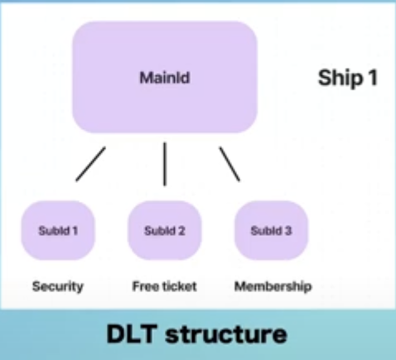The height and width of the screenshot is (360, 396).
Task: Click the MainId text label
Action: pyautogui.click(x=165, y=78)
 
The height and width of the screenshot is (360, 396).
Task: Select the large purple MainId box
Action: pyautogui.click(x=165, y=77)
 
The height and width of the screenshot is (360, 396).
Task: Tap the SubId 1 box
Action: pyautogui.click(x=58, y=231)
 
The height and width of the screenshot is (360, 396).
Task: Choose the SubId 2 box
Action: pyautogui.click(x=165, y=231)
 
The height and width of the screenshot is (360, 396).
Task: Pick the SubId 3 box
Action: pyautogui.click(x=271, y=231)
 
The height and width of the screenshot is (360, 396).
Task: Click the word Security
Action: pyautogui.click(x=58, y=286)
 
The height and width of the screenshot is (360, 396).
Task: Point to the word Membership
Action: pyautogui.click(x=273, y=286)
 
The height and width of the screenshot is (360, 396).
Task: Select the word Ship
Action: pyautogui.click(x=340, y=79)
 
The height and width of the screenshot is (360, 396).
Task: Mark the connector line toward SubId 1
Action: pyautogui.click(x=90, y=164)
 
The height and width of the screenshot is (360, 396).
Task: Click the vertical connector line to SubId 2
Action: pyautogui.click(x=165, y=164)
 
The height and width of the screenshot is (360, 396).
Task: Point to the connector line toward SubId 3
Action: pyautogui.click(x=229, y=164)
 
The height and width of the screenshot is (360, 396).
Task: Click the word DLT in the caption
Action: pyautogui.click(x=132, y=334)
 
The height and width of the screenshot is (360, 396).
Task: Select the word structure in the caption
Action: pyautogui.click(x=226, y=334)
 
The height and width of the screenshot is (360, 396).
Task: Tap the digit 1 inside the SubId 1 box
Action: pyautogui.click(x=75, y=231)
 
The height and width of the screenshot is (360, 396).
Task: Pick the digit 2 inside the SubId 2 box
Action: pyautogui.click(x=181, y=231)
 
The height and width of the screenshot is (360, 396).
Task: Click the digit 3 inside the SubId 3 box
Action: pyautogui.click(x=288, y=231)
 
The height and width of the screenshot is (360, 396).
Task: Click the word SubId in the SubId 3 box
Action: pyautogui.click(x=266, y=231)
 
